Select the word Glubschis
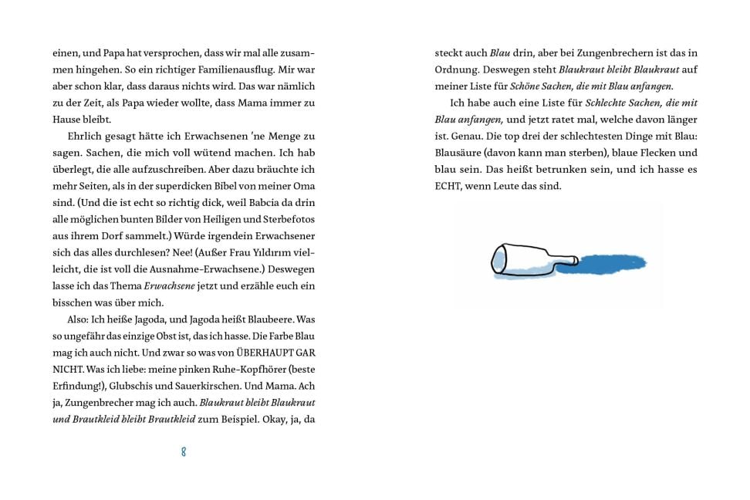coord(137,385)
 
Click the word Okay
coord(265,419)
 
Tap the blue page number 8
coord(184,452)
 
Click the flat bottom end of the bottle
coord(498,258)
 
